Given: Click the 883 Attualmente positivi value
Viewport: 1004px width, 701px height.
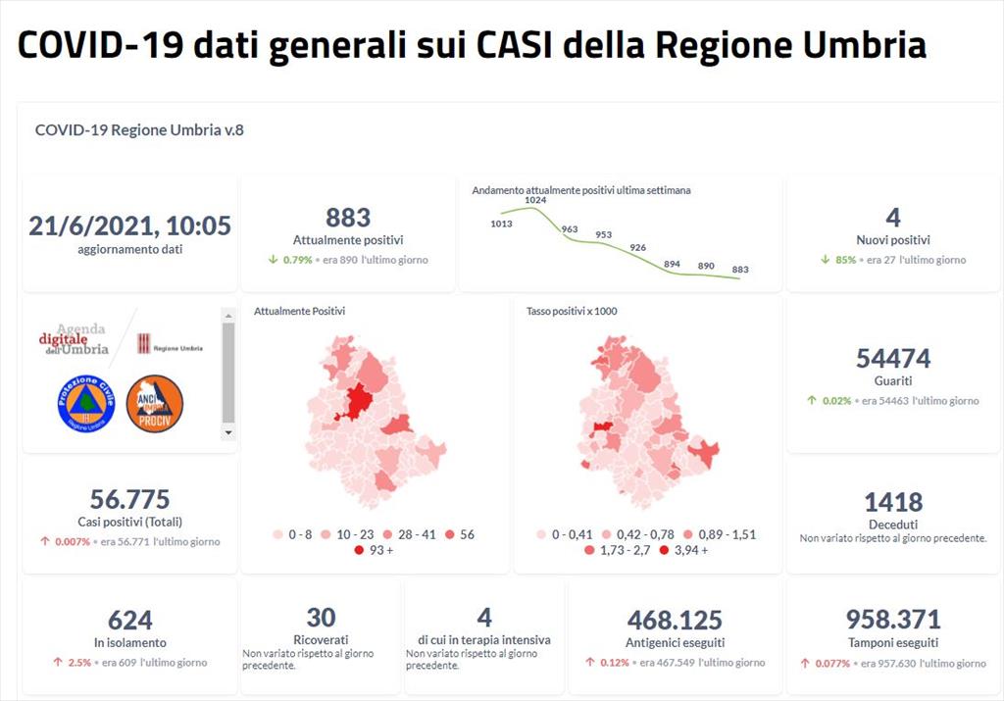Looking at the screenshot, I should pos(348,218).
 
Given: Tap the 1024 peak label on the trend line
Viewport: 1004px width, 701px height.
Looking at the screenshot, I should pos(534,200).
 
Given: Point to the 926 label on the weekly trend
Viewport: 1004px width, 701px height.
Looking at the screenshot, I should pos(638,247).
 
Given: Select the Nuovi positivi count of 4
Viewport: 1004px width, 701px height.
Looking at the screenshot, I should pos(892,218).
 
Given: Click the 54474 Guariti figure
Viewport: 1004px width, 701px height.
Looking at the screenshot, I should pos(893,359).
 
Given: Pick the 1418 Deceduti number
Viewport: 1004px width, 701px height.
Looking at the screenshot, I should pos(893,503).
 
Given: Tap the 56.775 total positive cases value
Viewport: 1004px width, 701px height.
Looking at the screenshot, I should pos(129,499).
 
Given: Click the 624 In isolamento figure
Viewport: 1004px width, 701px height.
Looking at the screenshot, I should pos(129,621).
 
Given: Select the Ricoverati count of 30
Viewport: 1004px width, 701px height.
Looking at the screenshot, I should pos(321,618).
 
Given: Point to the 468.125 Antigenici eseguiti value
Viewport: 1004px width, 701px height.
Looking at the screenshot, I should pos(675,621).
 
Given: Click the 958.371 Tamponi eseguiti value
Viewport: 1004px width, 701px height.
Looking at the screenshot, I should pos(893,620).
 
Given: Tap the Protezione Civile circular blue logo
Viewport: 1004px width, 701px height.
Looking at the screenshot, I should pos(86,403).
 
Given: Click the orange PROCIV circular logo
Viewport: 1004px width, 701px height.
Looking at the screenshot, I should pos(155,403).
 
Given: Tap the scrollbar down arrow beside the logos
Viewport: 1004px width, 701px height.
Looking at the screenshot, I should pos(228,431).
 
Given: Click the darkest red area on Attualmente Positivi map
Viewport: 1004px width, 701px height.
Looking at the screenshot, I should pos(357,402).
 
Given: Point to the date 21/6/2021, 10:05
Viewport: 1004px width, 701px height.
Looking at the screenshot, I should pos(129,226).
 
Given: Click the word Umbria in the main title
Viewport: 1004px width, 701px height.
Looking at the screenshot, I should pos(860,45).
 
